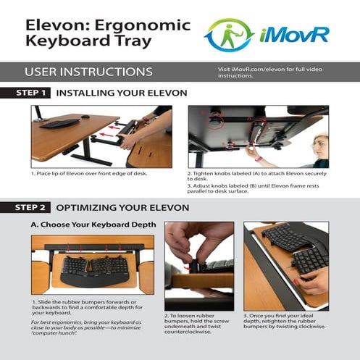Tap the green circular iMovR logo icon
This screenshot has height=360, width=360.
point(229,35)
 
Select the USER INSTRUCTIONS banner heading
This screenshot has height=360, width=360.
point(88,72)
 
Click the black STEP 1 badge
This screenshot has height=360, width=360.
point(33,93)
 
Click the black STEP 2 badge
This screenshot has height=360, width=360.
point(33,208)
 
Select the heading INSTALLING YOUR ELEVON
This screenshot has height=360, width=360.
point(121,93)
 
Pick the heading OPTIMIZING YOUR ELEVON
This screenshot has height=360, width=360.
point(122,208)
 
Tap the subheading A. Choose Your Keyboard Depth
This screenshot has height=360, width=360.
point(92,225)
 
